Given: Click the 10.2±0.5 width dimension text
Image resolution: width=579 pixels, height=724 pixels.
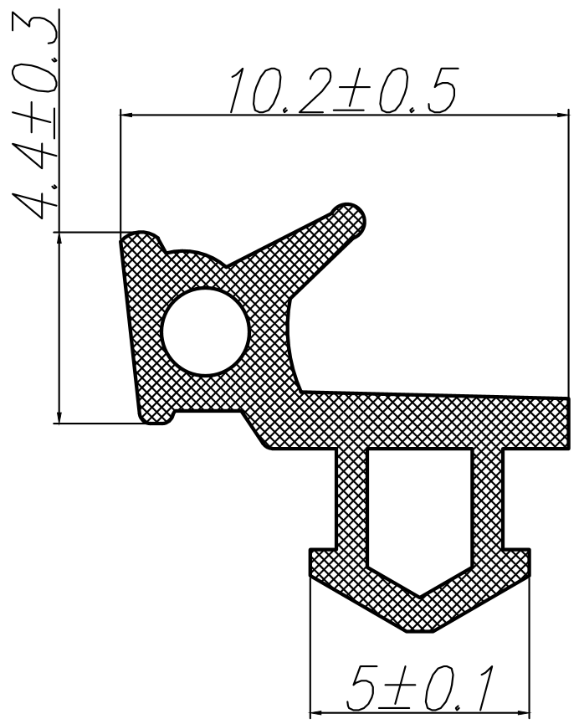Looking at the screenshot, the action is pyautogui.click(x=344, y=90).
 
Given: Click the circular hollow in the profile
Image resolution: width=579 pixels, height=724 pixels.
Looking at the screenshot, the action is pyautogui.click(x=206, y=331).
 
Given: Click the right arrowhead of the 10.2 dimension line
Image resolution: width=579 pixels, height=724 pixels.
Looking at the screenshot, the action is pyautogui.click(x=562, y=115).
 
